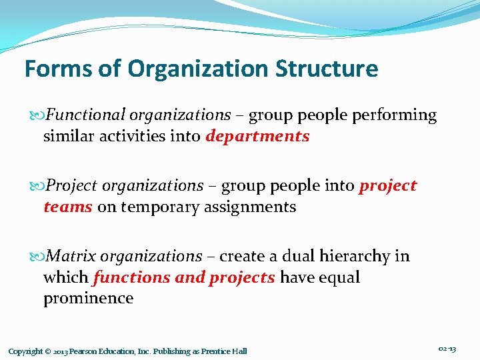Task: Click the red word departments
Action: pyautogui.click(x=258, y=137)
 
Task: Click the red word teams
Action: pyautogui.click(x=67, y=207)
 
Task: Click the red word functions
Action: pyautogui.click(x=131, y=277)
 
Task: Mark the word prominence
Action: pyautogui.click(x=88, y=299)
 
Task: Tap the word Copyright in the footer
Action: pyautogui.click(x=25, y=351)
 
